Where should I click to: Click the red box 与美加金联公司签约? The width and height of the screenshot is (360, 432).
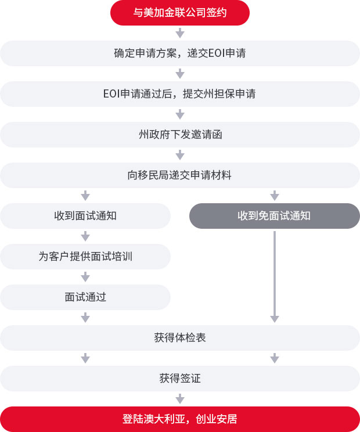(x=180, y=13)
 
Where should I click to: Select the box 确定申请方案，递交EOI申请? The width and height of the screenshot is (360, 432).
(x=180, y=53)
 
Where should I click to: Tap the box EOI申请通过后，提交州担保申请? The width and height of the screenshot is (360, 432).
(x=180, y=94)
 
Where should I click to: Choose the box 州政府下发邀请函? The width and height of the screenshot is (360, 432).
(x=180, y=135)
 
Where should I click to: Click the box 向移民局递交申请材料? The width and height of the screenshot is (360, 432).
(x=180, y=175)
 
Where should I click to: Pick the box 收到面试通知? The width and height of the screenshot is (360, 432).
(x=85, y=216)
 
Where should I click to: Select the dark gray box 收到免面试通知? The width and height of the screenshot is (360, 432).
(x=275, y=216)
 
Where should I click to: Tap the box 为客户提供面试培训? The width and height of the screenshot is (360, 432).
(x=85, y=257)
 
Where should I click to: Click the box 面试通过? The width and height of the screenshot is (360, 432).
(x=85, y=297)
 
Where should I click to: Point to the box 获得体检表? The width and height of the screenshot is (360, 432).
(x=180, y=338)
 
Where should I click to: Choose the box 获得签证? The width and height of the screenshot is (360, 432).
(x=180, y=378)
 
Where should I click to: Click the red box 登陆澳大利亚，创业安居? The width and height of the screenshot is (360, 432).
(x=180, y=419)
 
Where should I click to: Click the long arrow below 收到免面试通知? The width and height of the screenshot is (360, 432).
(x=275, y=277)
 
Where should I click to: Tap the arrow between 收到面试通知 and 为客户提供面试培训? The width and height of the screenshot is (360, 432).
(x=85, y=236)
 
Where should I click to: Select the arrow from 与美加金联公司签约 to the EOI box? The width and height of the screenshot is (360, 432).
(x=180, y=33)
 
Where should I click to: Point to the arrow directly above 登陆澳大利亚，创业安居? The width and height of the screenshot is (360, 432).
(x=180, y=399)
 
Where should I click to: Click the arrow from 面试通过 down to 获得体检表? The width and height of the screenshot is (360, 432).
(x=85, y=318)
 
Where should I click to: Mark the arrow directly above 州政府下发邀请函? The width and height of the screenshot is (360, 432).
(x=180, y=114)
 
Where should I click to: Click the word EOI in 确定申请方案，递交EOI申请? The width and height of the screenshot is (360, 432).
(x=217, y=53)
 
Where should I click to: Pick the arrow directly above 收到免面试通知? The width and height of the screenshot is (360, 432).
(x=275, y=196)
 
